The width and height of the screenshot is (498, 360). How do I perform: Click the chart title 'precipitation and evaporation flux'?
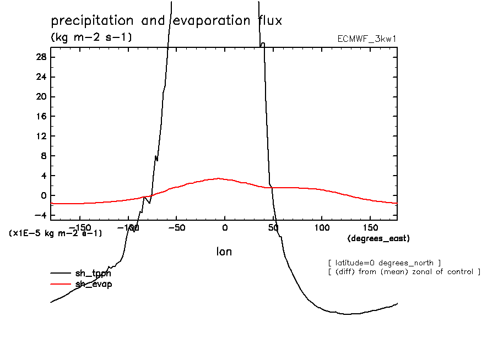(x=166, y=21)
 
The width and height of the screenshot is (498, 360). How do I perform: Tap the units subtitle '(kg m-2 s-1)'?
(x=91, y=37)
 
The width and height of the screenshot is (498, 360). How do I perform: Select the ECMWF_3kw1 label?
(x=367, y=39)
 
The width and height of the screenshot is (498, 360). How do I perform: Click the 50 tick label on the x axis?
(x=273, y=227)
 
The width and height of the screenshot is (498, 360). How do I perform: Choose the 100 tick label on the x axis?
(x=322, y=227)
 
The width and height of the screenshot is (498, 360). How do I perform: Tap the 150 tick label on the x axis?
(x=370, y=227)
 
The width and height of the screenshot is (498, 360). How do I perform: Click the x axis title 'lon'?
(x=224, y=252)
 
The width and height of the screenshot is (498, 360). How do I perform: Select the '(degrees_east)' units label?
(x=378, y=238)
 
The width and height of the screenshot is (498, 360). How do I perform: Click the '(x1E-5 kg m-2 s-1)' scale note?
(x=56, y=233)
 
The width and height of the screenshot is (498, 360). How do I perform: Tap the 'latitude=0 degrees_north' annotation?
(x=385, y=263)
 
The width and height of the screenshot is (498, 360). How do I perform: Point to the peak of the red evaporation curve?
(x=219, y=178)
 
